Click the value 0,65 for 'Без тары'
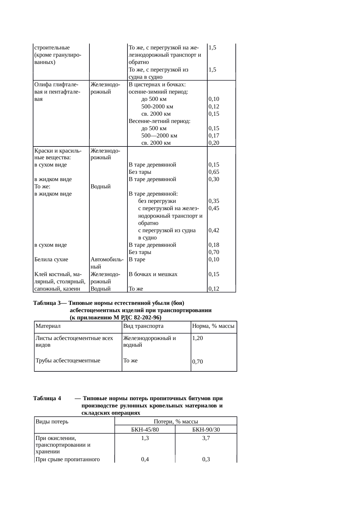(214, 172)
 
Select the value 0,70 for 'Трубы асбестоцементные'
(197, 362)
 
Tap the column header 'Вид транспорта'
(143, 326)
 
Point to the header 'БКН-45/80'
(145, 430)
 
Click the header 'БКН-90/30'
(206, 430)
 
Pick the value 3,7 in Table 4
(206, 439)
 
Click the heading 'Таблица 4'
(47, 398)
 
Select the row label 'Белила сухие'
(51, 260)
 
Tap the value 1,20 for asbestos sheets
(197, 338)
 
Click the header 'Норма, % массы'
(213, 326)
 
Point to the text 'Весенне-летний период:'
(159, 121)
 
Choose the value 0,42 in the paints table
(214, 230)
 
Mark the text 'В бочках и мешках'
(153, 274)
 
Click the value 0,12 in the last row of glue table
(214, 289)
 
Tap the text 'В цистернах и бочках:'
(157, 85)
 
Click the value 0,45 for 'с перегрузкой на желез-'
(214, 208)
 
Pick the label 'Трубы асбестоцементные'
(68, 361)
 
